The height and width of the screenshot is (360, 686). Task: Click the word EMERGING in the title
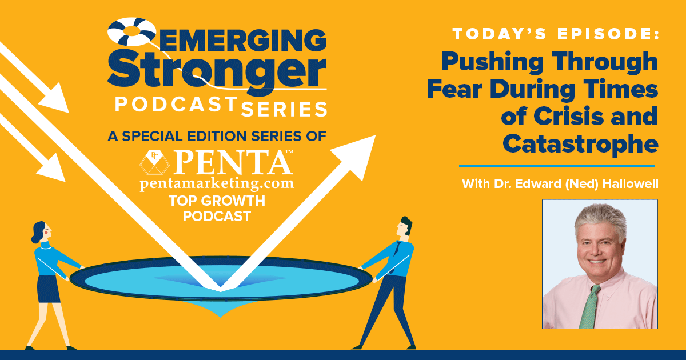[242, 40]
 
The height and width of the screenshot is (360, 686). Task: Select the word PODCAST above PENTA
[176, 104]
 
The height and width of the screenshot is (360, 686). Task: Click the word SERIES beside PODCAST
[284, 109]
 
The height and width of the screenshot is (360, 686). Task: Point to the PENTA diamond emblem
[155, 162]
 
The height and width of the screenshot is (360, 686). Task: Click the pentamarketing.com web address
[217, 183]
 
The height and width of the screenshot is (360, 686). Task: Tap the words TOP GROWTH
[217, 201]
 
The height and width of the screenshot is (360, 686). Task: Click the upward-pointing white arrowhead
[357, 155]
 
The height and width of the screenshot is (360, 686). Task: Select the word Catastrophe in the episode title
[580, 144]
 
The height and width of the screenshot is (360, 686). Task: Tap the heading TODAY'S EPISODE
[556, 34]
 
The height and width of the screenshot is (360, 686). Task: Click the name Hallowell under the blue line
[630, 183]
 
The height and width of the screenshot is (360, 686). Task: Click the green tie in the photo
[589, 306]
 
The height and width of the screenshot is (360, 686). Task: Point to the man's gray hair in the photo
[600, 219]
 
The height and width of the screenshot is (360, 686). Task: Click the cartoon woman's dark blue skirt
[48, 289]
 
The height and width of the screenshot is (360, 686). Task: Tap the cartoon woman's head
[41, 232]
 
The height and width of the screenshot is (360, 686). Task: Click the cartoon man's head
[404, 226]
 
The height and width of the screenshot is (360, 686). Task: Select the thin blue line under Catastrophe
[557, 166]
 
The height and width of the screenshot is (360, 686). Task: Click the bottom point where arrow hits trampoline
[221, 291]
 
